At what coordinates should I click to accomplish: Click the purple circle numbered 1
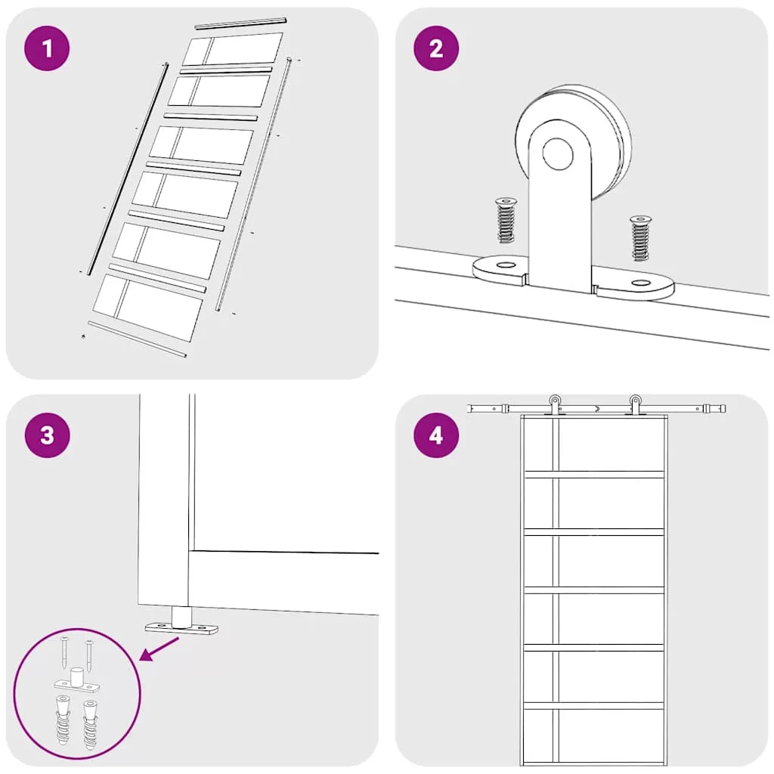(47, 48)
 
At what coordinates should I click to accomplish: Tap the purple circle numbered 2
(436, 48)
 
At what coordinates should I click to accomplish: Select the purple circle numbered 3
(47, 435)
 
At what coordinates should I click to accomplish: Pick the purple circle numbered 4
(436, 435)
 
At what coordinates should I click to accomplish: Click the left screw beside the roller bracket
(506, 220)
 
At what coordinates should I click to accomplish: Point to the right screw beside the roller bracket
(641, 237)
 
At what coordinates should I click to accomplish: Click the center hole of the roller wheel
(558, 153)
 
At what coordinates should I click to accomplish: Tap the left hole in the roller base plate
(505, 265)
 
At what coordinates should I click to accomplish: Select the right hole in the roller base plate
(641, 283)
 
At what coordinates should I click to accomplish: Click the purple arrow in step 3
(159, 649)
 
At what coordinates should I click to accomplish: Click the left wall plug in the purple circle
(63, 720)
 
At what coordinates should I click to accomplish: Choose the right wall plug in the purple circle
(91, 723)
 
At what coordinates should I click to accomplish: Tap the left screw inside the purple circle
(65, 652)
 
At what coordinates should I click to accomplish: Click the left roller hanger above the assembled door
(555, 405)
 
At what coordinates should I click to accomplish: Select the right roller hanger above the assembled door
(635, 405)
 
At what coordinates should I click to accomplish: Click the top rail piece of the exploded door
(241, 23)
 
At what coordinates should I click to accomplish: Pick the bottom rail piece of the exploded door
(138, 339)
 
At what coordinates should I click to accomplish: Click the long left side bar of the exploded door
(127, 169)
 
